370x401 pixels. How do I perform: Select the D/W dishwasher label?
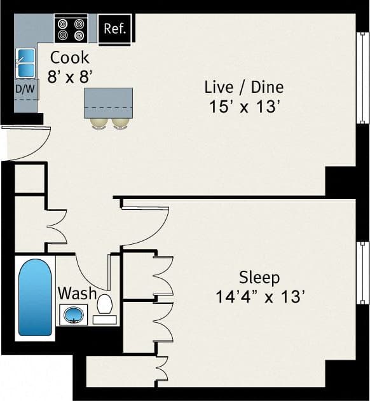tap(26, 90)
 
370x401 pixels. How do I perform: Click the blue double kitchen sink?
tap(25, 62)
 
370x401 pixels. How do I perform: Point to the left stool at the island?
tap(99, 123)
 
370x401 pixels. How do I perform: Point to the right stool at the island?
tap(121, 123)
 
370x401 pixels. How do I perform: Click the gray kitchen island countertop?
tap(108, 102)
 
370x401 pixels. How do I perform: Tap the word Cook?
tap(70, 57)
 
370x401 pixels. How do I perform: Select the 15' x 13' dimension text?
tap(244, 107)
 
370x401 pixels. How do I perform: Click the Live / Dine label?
tap(244, 87)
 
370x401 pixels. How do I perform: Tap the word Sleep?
tap(259, 277)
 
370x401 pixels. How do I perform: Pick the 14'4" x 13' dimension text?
tap(259, 296)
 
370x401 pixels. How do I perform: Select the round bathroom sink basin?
tap(74, 313)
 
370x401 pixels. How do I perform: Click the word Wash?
tap(77, 294)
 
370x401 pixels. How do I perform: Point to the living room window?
tap(362, 78)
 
